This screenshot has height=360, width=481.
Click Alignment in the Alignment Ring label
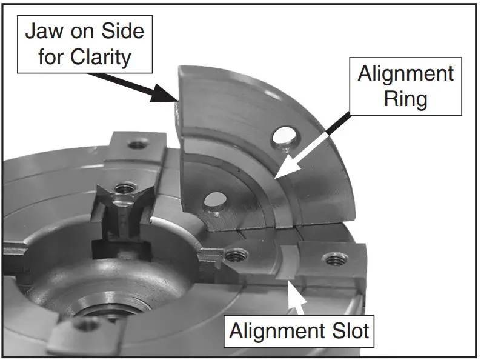(406, 73)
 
